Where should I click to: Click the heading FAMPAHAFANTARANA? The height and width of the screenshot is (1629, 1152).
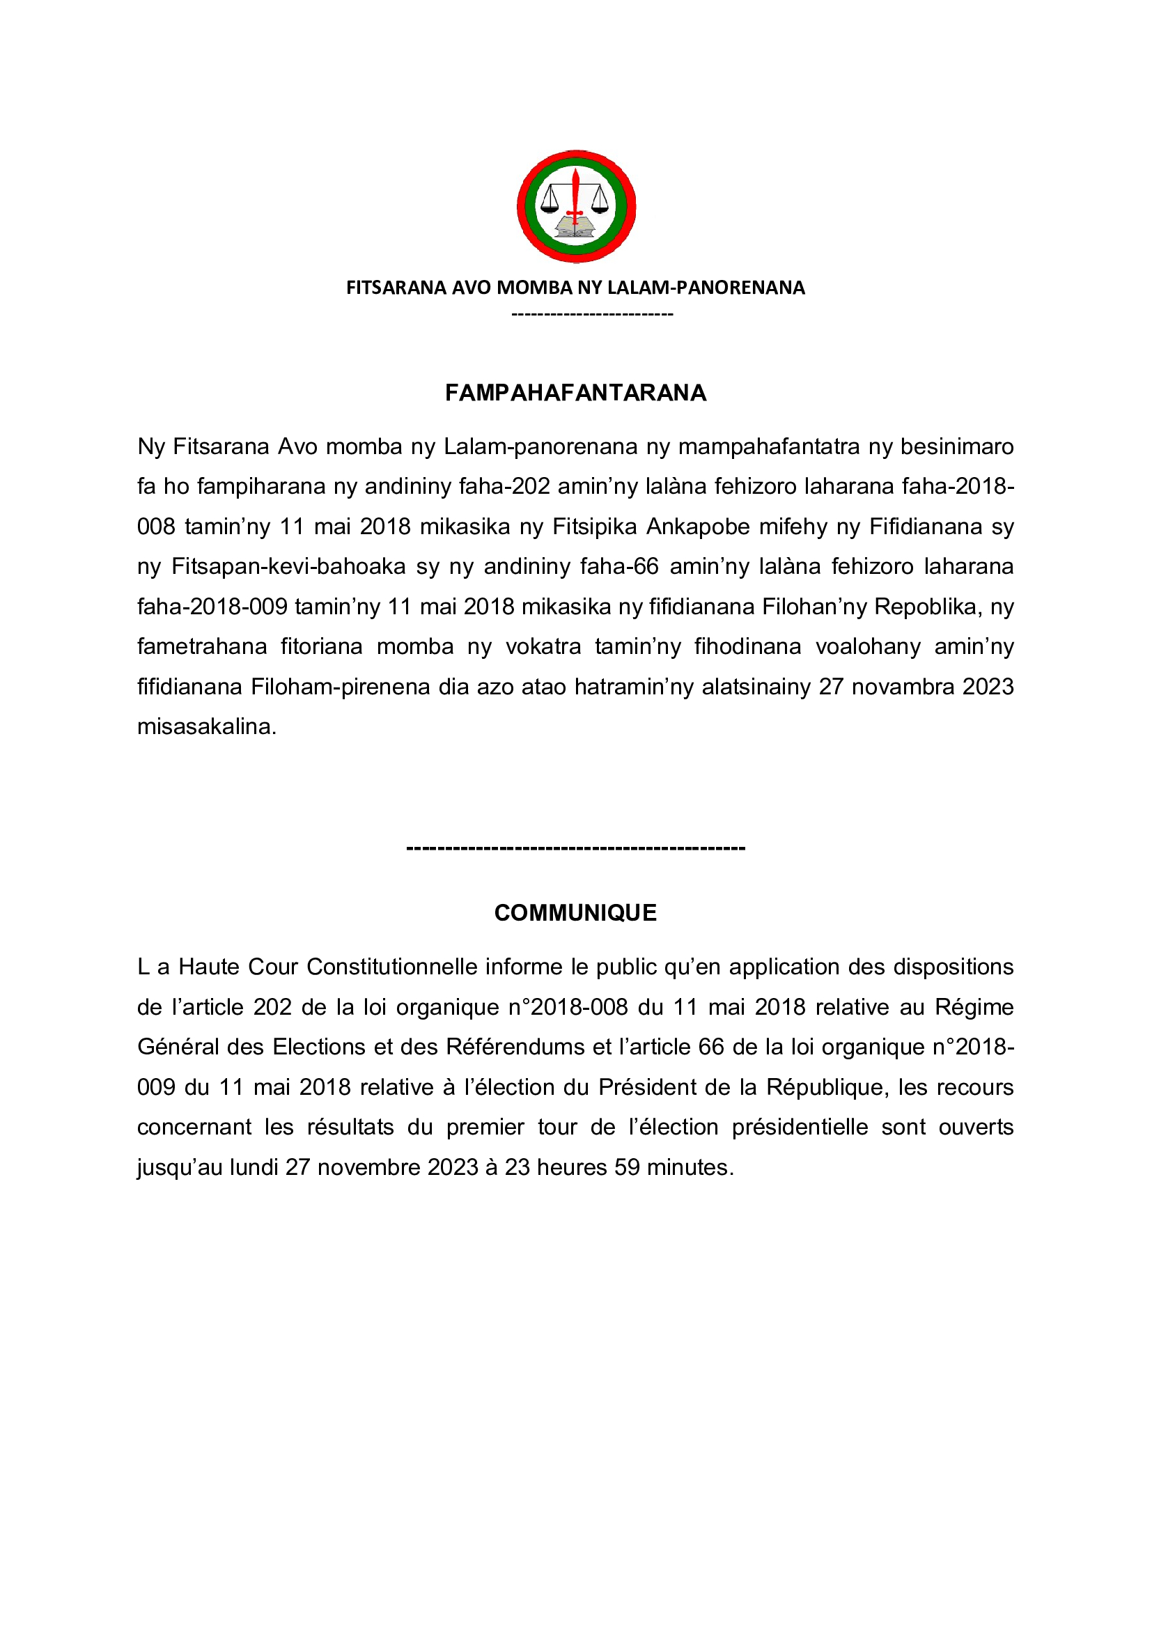(575, 392)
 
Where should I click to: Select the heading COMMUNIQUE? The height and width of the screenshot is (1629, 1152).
(575, 912)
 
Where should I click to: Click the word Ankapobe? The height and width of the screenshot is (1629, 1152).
(698, 527)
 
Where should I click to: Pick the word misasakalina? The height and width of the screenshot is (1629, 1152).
(205, 726)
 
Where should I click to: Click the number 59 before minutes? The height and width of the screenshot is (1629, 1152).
(627, 1167)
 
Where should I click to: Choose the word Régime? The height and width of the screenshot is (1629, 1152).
(974, 1007)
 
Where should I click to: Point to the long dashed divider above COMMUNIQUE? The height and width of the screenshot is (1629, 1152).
(575, 848)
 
